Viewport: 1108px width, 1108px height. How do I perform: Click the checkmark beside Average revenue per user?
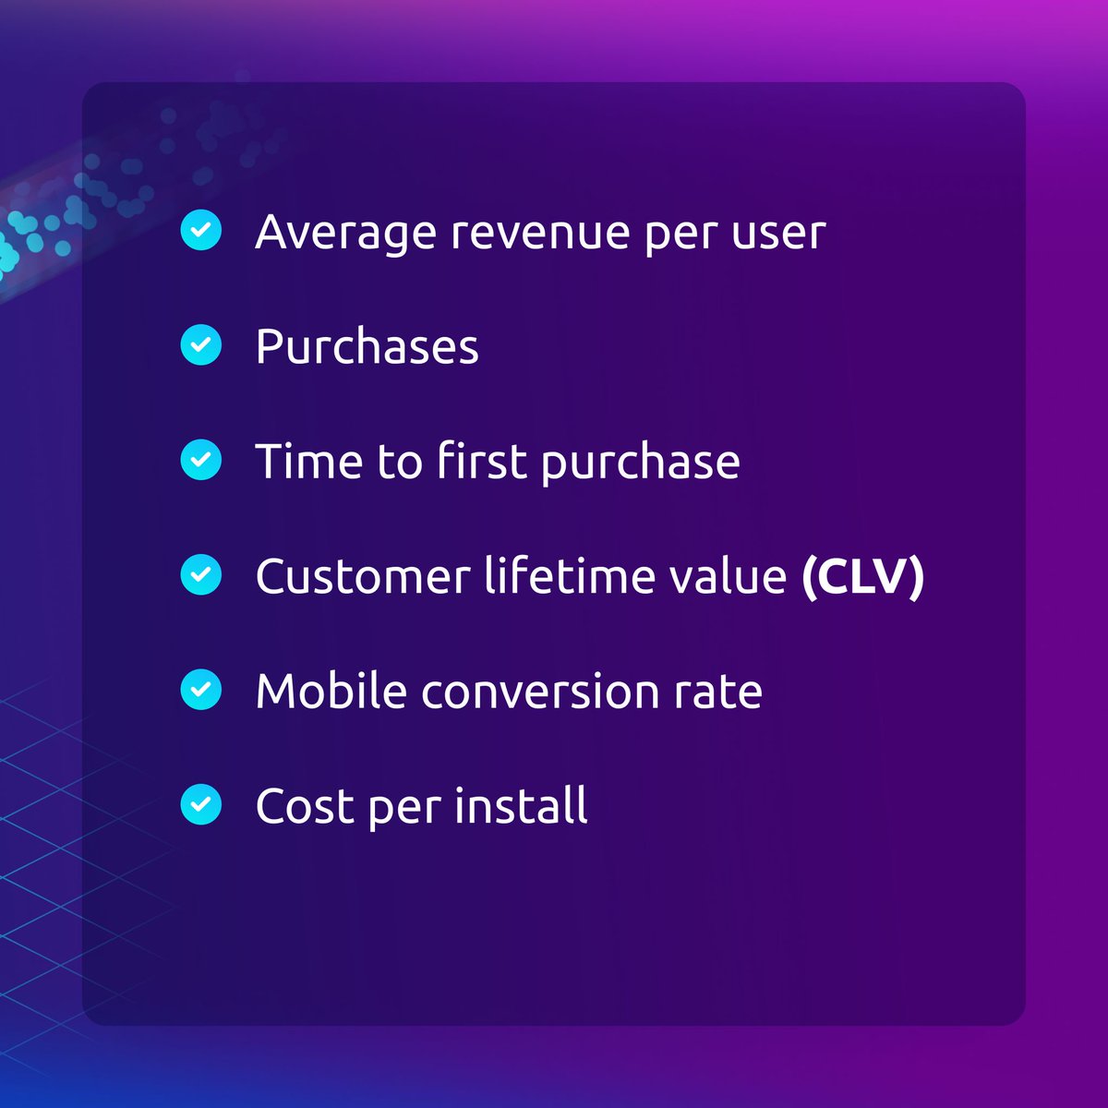point(200,230)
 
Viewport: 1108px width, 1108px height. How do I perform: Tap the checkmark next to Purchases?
point(200,345)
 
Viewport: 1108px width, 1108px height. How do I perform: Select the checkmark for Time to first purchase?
point(200,460)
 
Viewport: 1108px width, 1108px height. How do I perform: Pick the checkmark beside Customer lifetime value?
point(200,575)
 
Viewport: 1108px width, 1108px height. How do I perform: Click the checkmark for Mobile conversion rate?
point(200,690)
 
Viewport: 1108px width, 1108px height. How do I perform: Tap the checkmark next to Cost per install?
point(200,804)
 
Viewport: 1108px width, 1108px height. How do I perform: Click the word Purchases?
point(367,347)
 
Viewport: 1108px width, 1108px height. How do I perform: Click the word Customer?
point(363,576)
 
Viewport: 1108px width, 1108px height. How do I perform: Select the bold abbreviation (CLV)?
point(862,576)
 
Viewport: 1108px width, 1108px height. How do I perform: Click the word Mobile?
point(331,691)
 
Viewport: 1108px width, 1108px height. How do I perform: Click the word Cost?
point(306,806)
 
